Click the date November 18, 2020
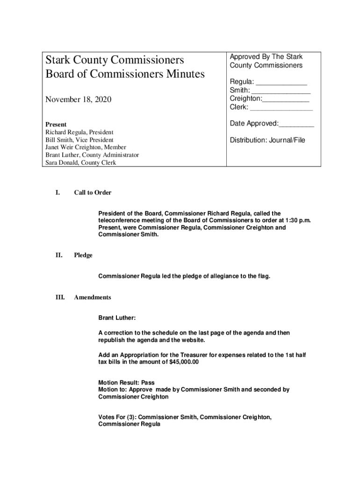click(79, 99)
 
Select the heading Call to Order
click(93, 193)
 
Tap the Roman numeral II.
click(59, 255)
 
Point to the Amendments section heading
click(93, 298)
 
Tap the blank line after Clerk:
click(281, 108)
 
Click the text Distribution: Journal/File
click(267, 140)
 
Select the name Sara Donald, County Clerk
click(80, 163)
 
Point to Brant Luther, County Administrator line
click(92, 155)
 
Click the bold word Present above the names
click(56, 124)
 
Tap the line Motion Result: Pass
click(126, 382)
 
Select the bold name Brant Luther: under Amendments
click(117, 318)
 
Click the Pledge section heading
click(83, 255)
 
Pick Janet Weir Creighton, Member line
click(86, 147)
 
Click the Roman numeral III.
click(60, 298)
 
